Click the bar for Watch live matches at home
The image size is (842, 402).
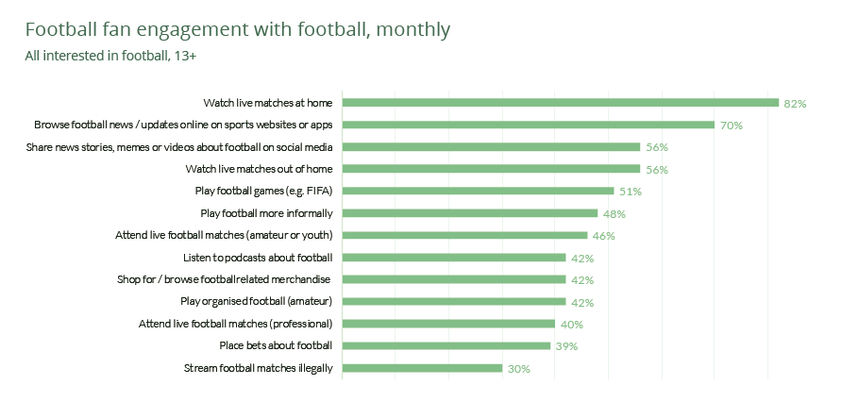point(560,102)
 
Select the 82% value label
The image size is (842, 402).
point(795,103)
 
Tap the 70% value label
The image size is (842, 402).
point(731,126)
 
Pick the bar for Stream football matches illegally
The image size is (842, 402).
point(422,368)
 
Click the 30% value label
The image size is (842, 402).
point(518,369)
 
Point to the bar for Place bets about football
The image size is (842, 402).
point(446,345)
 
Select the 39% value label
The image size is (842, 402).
point(566,346)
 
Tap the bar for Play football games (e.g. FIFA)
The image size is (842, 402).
point(478,191)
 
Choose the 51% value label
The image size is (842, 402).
point(630,192)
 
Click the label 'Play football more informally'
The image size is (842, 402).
point(267,213)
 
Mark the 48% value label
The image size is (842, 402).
point(615,214)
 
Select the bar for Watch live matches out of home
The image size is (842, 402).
point(491,169)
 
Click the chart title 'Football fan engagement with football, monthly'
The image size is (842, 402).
point(238,29)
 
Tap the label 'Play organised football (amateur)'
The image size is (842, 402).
point(257,302)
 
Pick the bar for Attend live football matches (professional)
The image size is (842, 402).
point(448,324)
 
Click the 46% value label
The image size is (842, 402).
point(603,236)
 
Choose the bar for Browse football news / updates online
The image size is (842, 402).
point(528,125)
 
